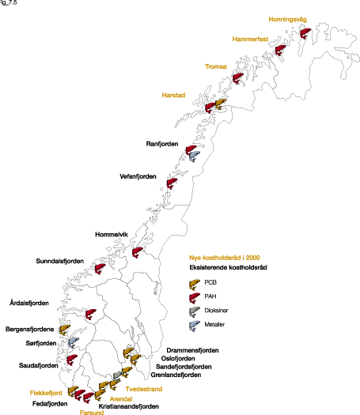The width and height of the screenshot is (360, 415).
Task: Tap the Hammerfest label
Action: (255, 39)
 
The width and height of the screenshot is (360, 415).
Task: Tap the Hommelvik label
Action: (112, 234)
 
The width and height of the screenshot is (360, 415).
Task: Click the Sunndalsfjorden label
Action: (60, 261)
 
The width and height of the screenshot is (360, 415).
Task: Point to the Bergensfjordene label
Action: (29, 329)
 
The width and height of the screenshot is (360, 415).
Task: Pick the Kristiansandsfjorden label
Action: (128, 406)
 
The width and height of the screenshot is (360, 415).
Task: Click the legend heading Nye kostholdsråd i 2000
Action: (225, 258)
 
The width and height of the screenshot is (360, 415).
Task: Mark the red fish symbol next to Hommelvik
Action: (138, 253)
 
